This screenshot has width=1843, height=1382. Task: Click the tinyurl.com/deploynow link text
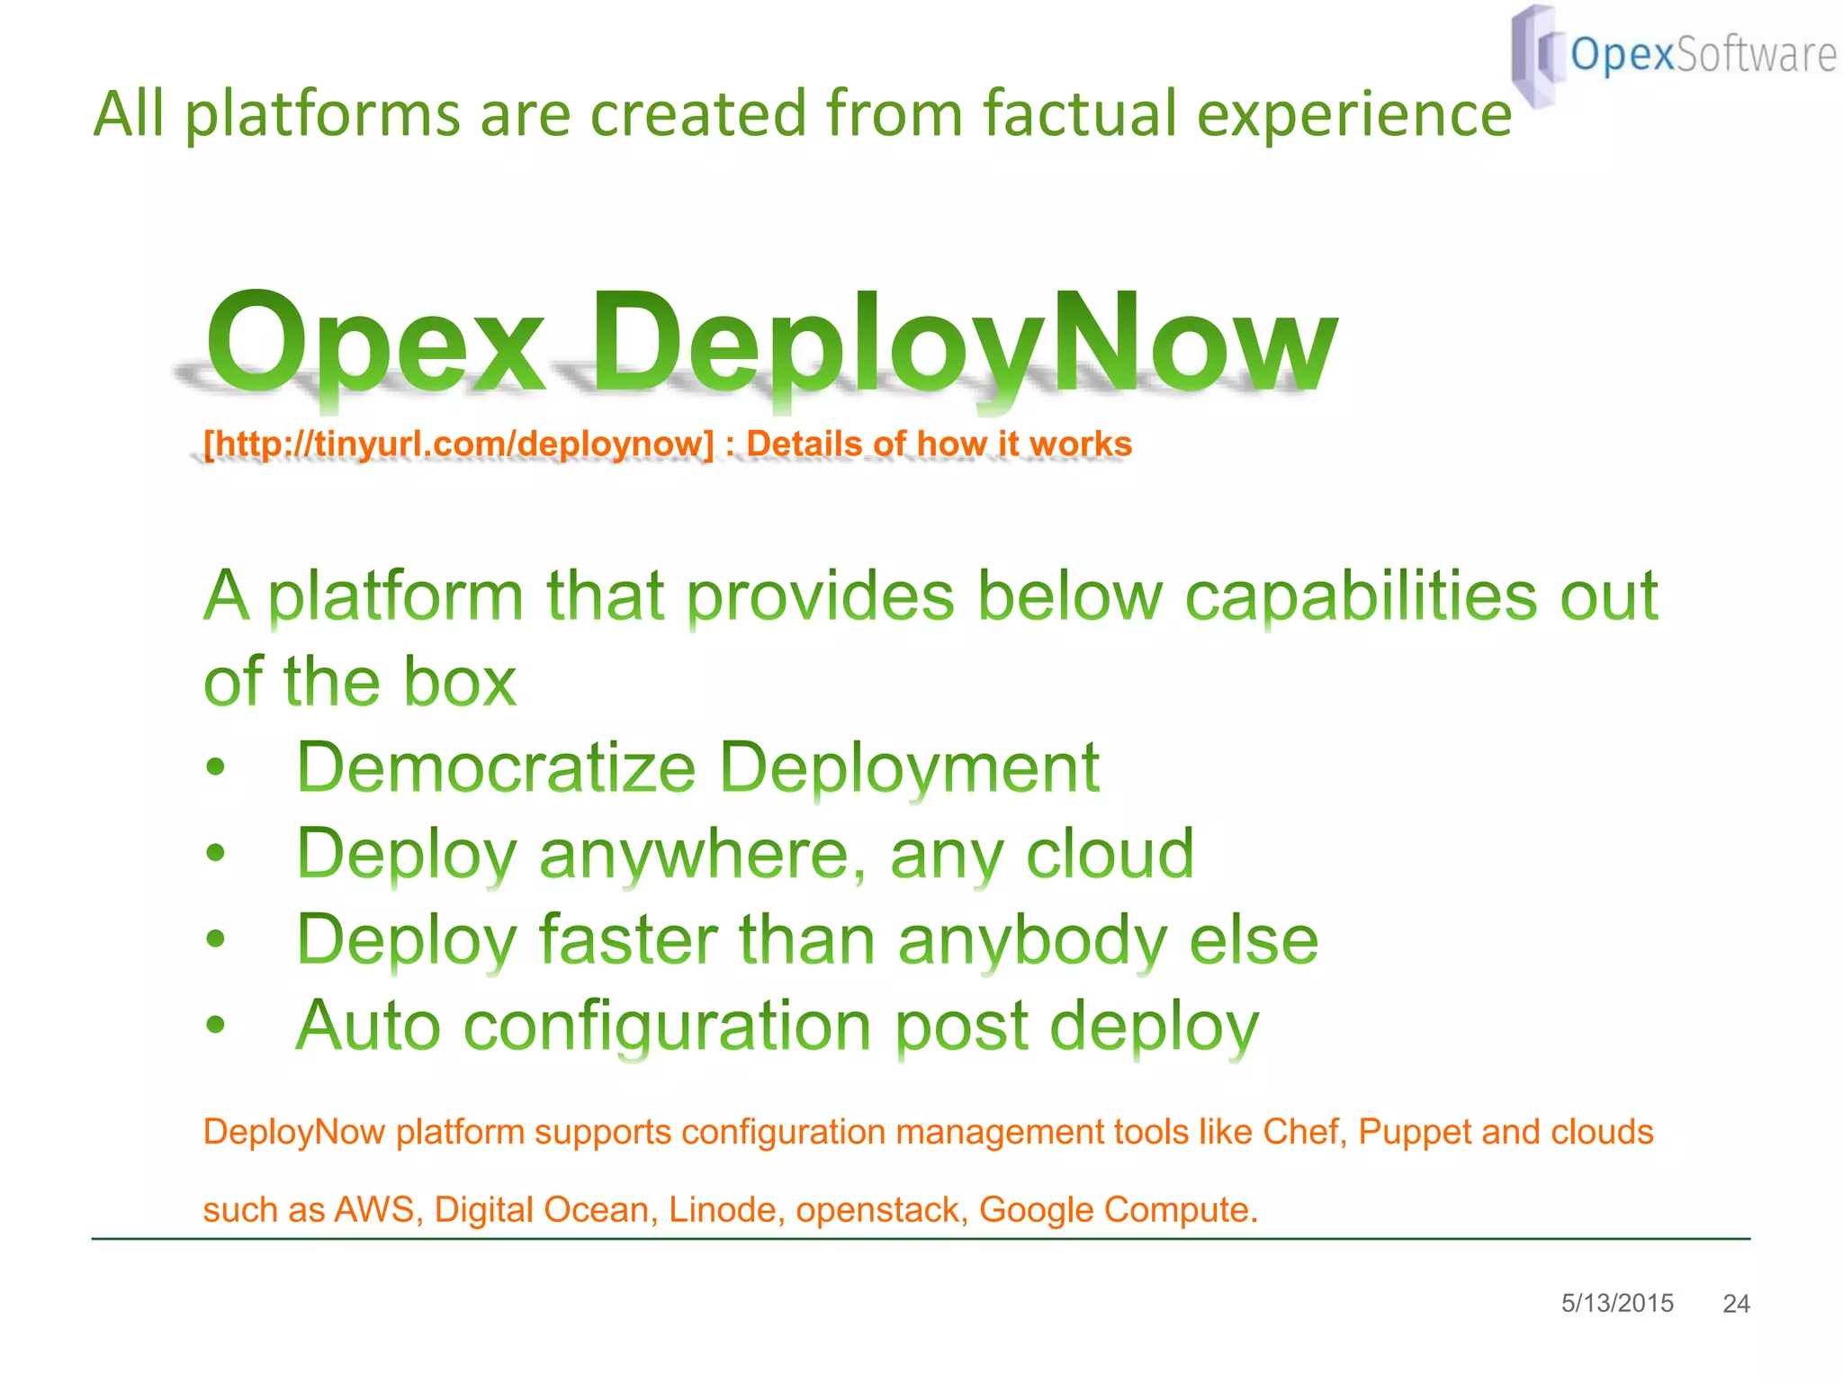coord(459,444)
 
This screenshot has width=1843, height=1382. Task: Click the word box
coord(460,681)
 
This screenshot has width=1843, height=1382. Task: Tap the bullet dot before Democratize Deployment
coord(215,768)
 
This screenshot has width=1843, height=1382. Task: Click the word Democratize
coord(496,767)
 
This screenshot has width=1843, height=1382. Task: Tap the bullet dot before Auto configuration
coord(215,1026)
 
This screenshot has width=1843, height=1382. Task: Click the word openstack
coord(881,1210)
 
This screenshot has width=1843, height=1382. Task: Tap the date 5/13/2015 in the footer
coord(1617,1303)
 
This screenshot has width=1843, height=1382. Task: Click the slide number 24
coord(1736,1304)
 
